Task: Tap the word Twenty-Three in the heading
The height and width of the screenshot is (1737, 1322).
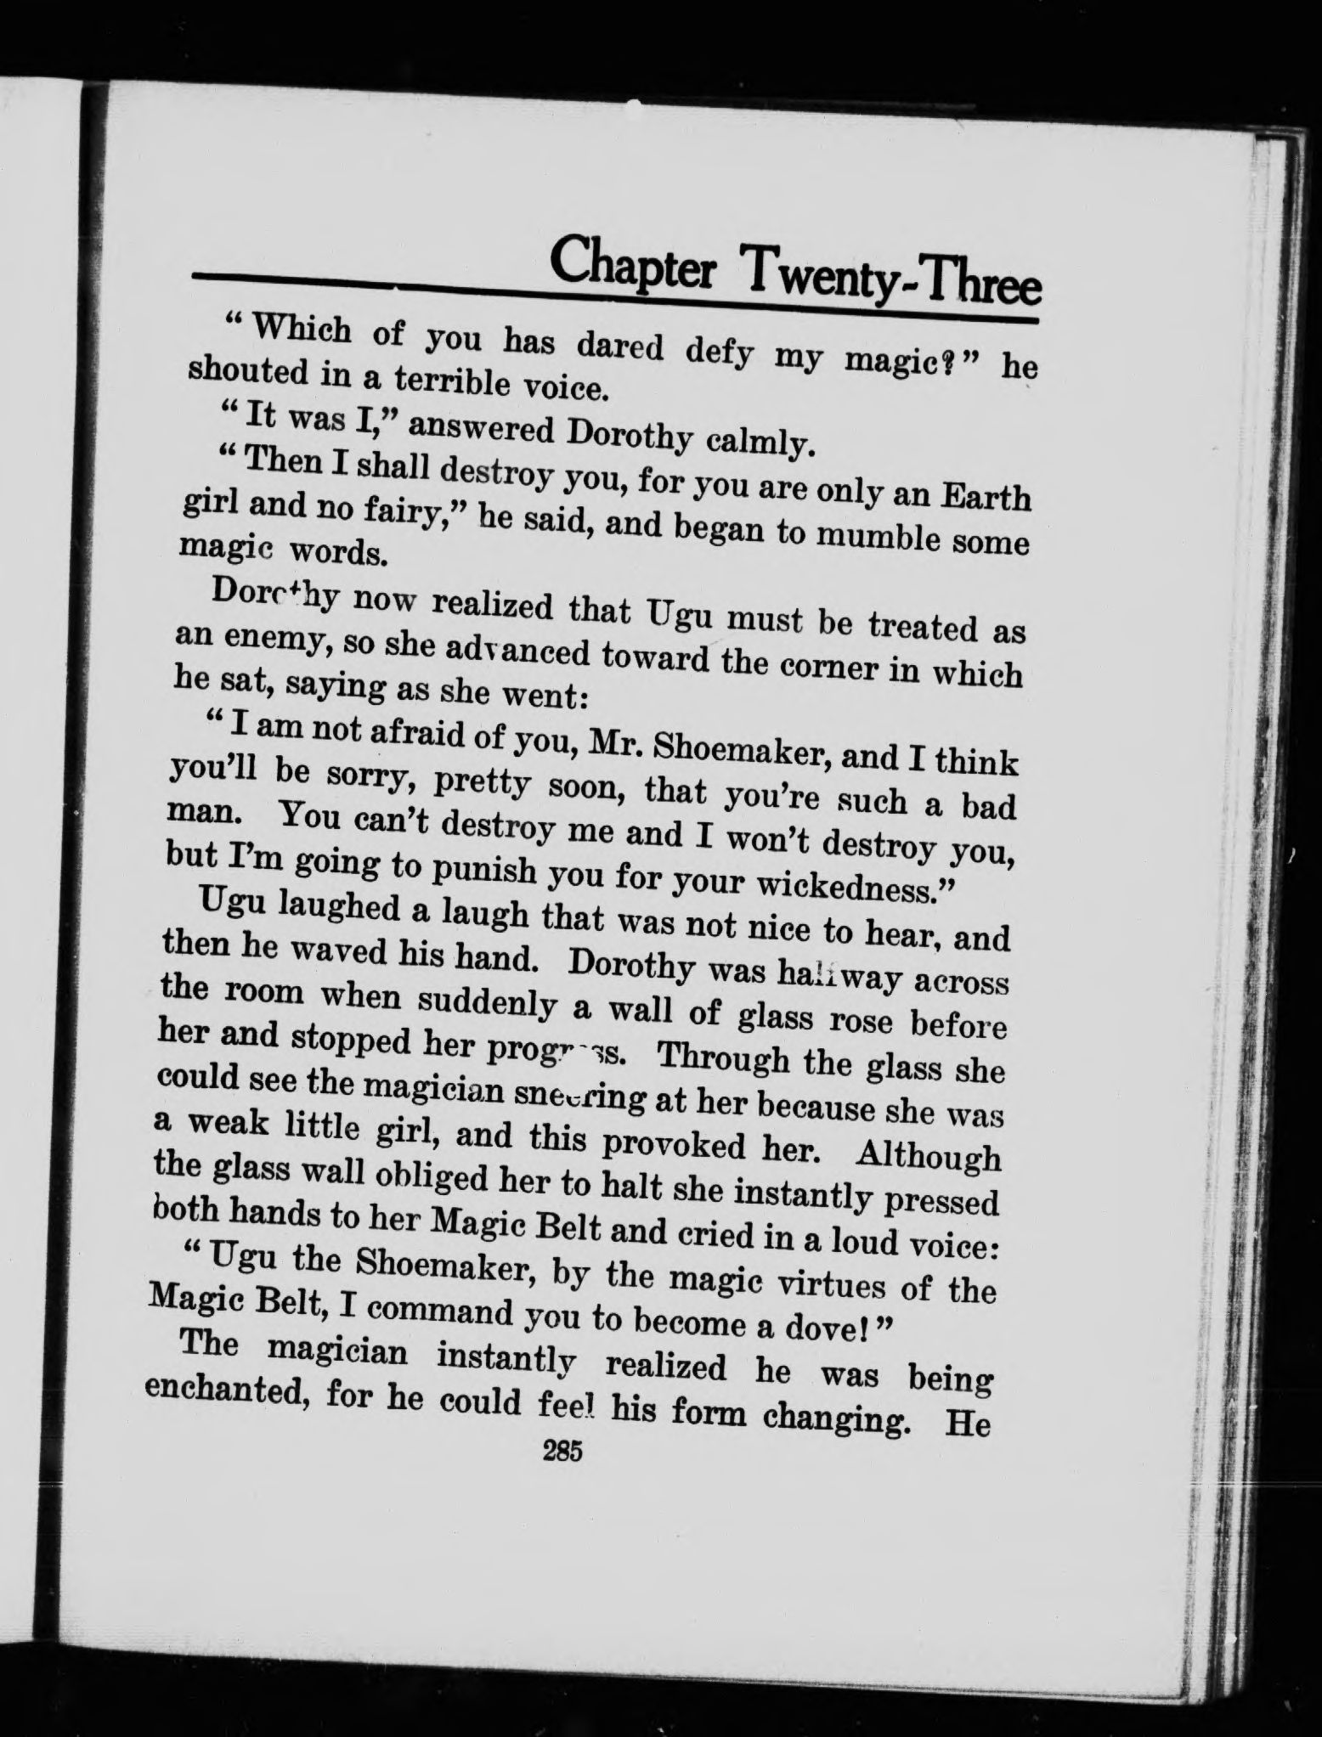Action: pyautogui.click(x=891, y=276)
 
